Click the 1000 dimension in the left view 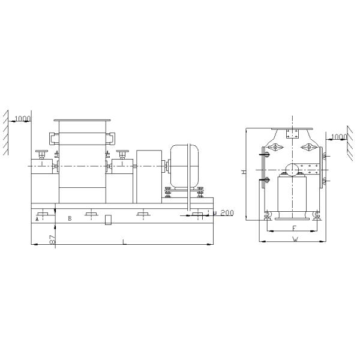click(23, 119)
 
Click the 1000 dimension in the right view click(339, 137)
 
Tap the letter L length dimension click(124, 241)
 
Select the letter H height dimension click(244, 172)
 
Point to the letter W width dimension click(295, 239)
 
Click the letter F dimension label click(293, 229)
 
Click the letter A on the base click(37, 220)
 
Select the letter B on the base click(70, 219)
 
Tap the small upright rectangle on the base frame click(108, 220)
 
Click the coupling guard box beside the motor click(149, 170)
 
